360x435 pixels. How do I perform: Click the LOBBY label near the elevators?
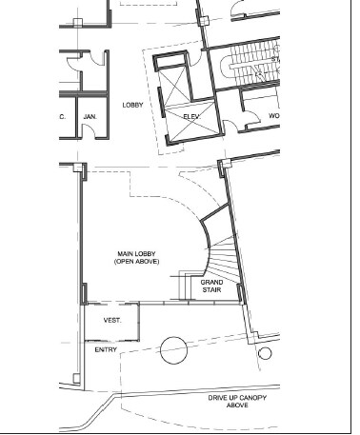pos(132,105)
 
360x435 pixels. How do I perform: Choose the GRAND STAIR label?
pos(211,285)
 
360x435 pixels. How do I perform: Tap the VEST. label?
pos(111,320)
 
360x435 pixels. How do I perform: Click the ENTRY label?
pos(107,349)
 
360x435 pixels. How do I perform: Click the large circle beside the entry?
pos(175,350)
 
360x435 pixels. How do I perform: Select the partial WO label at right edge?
pos(274,116)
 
